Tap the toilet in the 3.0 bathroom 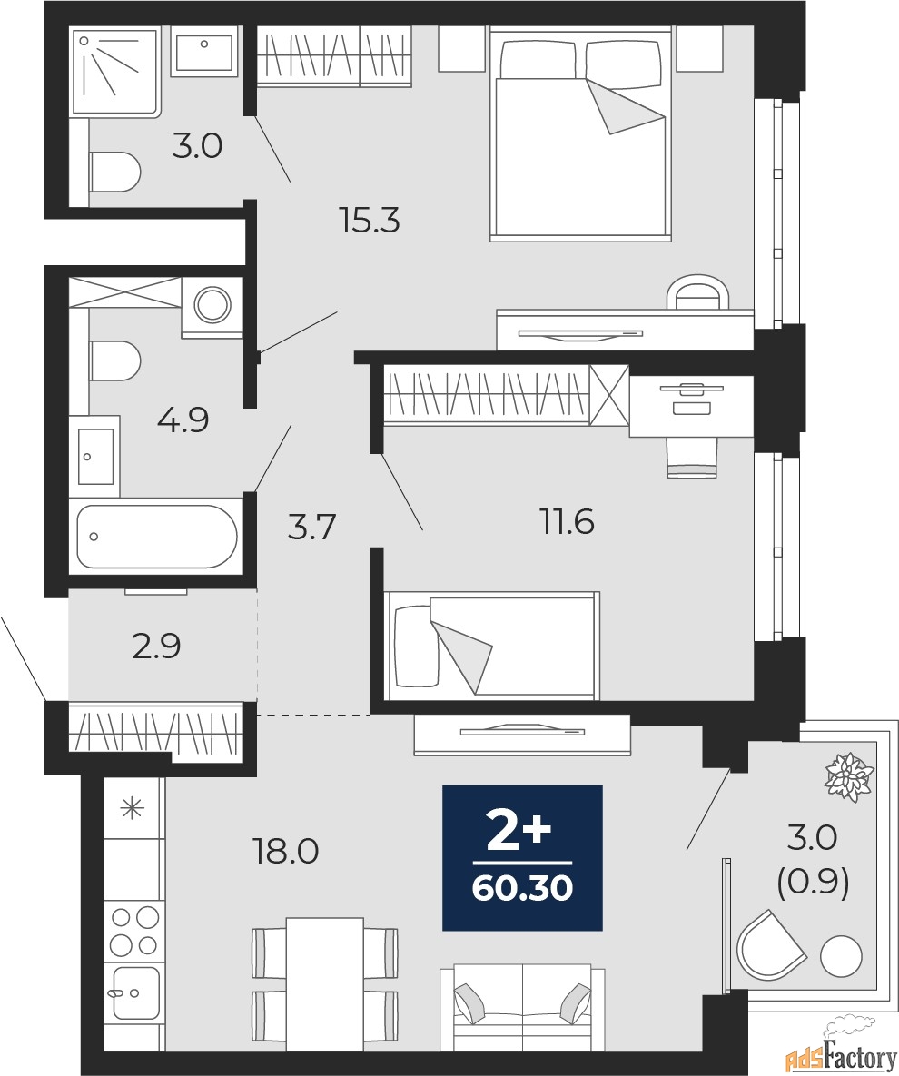115,172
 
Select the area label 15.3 370,220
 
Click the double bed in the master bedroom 580,136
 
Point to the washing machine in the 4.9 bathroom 212,305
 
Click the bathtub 156,537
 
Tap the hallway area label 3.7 312,526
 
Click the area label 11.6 567,522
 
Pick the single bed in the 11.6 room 491,646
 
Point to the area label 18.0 285,851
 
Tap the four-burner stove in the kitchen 134,931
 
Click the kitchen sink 134,992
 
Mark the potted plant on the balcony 848,776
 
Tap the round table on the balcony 841,957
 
